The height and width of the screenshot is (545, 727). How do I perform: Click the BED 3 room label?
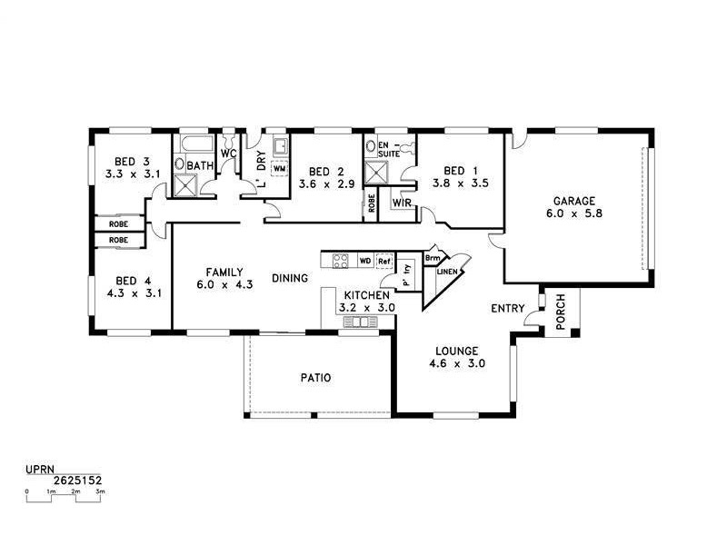pyautogui.click(x=121, y=161)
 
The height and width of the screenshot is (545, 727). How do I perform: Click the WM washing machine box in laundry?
pyautogui.click(x=279, y=169)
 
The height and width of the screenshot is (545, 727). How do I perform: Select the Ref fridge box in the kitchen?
pyautogui.click(x=384, y=261)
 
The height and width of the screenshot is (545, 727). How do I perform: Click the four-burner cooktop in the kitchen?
pyautogui.click(x=341, y=261)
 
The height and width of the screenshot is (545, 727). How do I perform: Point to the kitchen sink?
pyautogui.click(x=361, y=322)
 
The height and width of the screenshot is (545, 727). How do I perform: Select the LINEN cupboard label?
pyautogui.click(x=446, y=271)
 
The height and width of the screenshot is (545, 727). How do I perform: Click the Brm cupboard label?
pyautogui.click(x=433, y=257)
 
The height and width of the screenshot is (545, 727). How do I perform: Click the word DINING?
pyautogui.click(x=289, y=278)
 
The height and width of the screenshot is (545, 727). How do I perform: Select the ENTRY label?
pyautogui.click(x=507, y=309)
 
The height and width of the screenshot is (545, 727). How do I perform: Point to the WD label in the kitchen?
pyautogui.click(x=364, y=261)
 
